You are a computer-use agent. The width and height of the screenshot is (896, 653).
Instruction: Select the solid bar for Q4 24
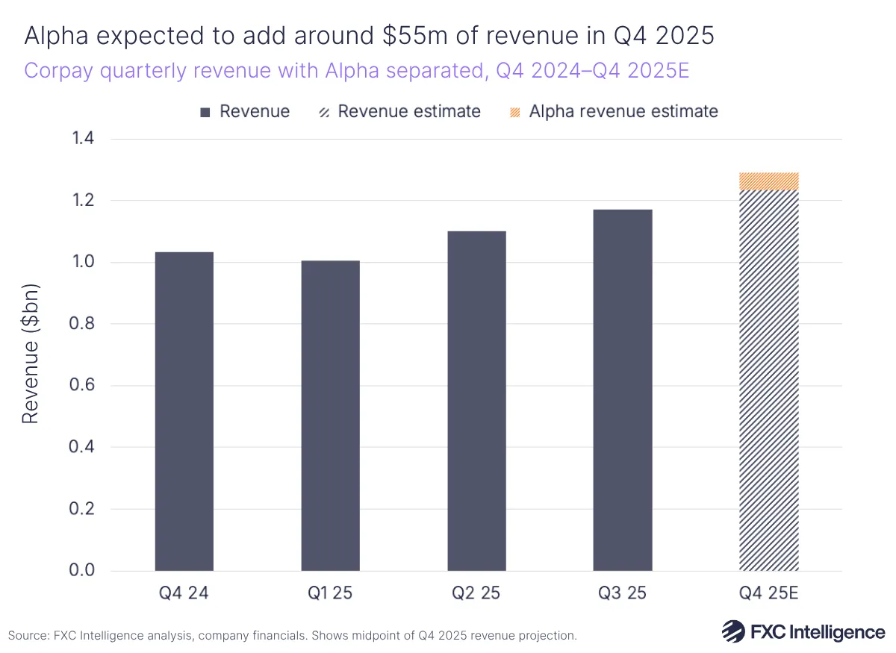coord(184,411)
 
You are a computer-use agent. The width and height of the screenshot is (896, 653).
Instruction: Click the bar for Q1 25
coord(330,416)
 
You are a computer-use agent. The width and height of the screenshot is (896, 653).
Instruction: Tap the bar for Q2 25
coord(476,401)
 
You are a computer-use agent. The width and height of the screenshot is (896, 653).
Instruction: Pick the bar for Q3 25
coord(623,390)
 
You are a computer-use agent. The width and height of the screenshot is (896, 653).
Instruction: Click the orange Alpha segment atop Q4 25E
coord(768,181)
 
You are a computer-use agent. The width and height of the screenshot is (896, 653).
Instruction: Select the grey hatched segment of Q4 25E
coord(768,381)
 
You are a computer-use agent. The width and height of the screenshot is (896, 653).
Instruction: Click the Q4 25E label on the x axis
coord(768,593)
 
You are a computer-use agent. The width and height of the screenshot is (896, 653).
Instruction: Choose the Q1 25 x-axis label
coord(330,593)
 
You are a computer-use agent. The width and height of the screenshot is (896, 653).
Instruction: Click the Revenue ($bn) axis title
coord(30,354)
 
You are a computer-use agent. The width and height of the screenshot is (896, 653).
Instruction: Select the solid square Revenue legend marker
coord(205,112)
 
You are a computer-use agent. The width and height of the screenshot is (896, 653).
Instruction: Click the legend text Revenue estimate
coord(409,112)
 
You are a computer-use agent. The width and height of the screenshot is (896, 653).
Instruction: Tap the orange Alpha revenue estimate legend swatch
coord(514,112)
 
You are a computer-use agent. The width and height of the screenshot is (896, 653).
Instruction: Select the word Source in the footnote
coord(28,636)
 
